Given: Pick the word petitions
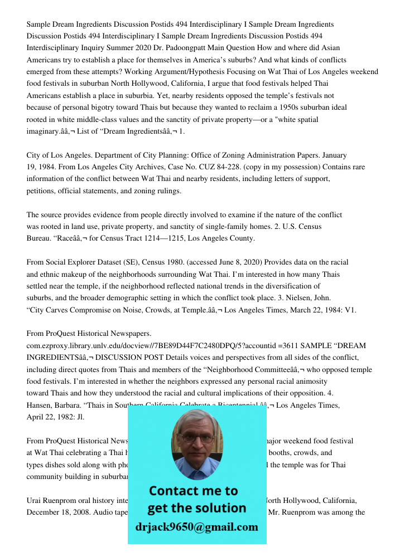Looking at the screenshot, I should tap(41, 190).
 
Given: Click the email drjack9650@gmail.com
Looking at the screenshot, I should tap(196, 527).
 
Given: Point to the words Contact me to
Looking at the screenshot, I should tap(193, 491).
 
